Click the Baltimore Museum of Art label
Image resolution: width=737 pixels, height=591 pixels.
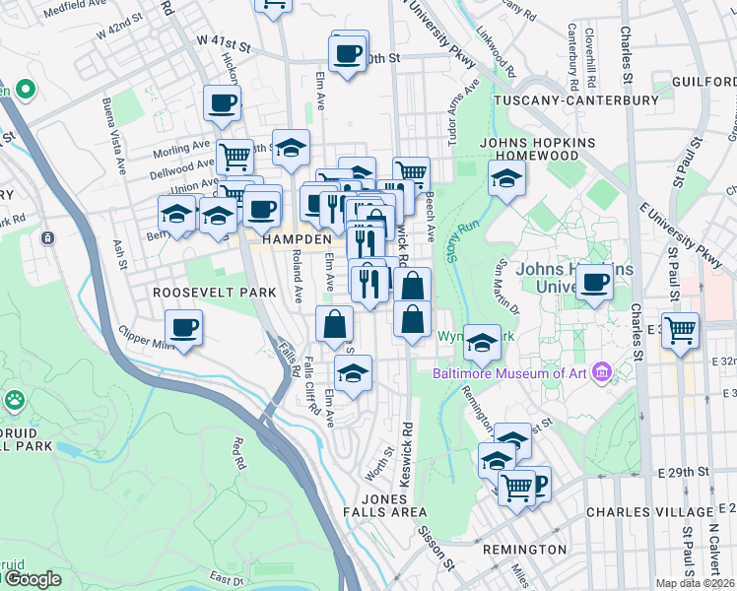(509, 372)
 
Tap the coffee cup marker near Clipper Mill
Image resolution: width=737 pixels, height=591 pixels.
(184, 327)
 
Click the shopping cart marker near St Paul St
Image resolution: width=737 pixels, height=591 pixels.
(680, 331)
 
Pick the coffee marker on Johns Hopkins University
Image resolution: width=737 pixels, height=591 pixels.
(595, 283)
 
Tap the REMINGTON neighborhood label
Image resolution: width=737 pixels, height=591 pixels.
(524, 549)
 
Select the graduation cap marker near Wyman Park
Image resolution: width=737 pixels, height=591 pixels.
(482, 343)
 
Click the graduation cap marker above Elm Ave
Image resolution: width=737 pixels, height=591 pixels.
(353, 373)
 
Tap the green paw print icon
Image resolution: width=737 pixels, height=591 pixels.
(16, 401)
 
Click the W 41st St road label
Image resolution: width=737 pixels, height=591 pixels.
(224, 41)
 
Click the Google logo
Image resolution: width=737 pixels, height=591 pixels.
(32, 579)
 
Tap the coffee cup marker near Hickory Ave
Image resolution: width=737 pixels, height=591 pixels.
(223, 101)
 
